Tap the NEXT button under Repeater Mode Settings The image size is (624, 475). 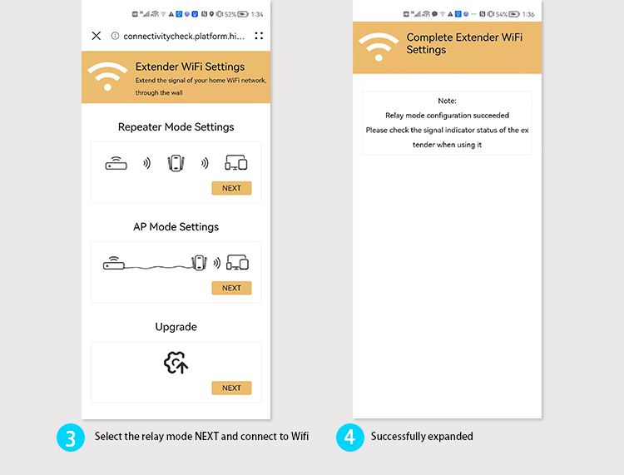coord(231,188)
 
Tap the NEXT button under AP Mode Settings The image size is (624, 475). coord(231,288)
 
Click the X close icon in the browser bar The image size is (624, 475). coord(97,36)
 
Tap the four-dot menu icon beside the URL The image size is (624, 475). coord(259,36)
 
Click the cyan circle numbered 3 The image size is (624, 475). coord(71,438)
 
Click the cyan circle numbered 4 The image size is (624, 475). coord(350,438)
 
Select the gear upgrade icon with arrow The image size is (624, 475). coord(176,363)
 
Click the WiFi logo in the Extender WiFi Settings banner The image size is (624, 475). coord(107,76)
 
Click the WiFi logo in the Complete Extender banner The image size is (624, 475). coord(379,47)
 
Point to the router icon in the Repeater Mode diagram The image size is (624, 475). coord(116,164)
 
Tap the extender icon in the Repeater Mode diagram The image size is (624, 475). coord(176,164)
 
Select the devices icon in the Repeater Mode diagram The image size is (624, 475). coord(236,163)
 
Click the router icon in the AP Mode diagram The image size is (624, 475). coord(114,263)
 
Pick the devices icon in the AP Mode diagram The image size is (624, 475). coord(237,263)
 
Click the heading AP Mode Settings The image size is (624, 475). coord(176,227)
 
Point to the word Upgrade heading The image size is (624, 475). coord(176,327)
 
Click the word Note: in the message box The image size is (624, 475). coord(447,101)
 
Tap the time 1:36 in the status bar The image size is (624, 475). coord(528,14)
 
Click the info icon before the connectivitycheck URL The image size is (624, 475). coord(115,36)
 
